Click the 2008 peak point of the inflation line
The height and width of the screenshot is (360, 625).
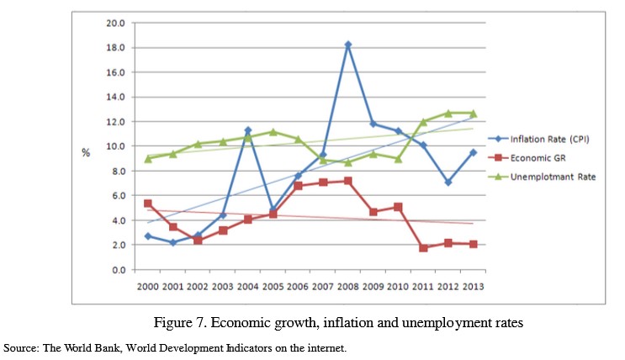point(347,44)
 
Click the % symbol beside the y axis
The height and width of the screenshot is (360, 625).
point(86,152)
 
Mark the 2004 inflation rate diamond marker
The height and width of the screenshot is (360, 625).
point(248,130)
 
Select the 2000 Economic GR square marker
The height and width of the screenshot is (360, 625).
point(148,204)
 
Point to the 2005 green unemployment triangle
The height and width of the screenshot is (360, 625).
point(273,132)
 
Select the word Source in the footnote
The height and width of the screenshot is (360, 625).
point(19,347)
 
